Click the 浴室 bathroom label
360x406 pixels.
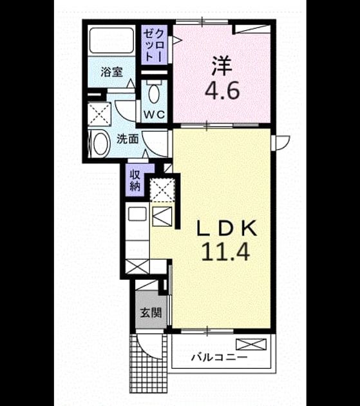pyautogui.click(x=111, y=72)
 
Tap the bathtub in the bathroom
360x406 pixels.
pyautogui.click(x=111, y=40)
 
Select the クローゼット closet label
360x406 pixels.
pyautogui.click(x=154, y=45)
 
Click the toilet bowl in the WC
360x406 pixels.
pyautogui.click(x=154, y=94)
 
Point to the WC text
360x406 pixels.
pyautogui.click(x=155, y=114)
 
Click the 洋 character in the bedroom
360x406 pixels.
pyautogui.click(x=222, y=66)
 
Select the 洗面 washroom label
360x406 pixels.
pyautogui.click(x=128, y=139)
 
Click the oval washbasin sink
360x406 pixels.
pyautogui.click(x=100, y=144)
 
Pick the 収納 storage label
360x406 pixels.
pyautogui.click(x=135, y=180)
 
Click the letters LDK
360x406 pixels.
pyautogui.click(x=227, y=228)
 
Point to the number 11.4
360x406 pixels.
pyautogui.click(x=225, y=251)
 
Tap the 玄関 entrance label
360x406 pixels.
pyautogui.click(x=151, y=313)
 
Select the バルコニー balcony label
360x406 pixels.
pyautogui.click(x=219, y=358)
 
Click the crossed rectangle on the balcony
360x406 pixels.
pyautogui.click(x=251, y=344)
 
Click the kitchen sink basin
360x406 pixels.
pyautogui.click(x=137, y=214)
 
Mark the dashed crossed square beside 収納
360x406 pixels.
pyautogui.click(x=162, y=190)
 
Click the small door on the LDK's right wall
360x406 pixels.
pyautogui.click(x=280, y=143)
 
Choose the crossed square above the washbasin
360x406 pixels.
pyautogui.click(x=99, y=114)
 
